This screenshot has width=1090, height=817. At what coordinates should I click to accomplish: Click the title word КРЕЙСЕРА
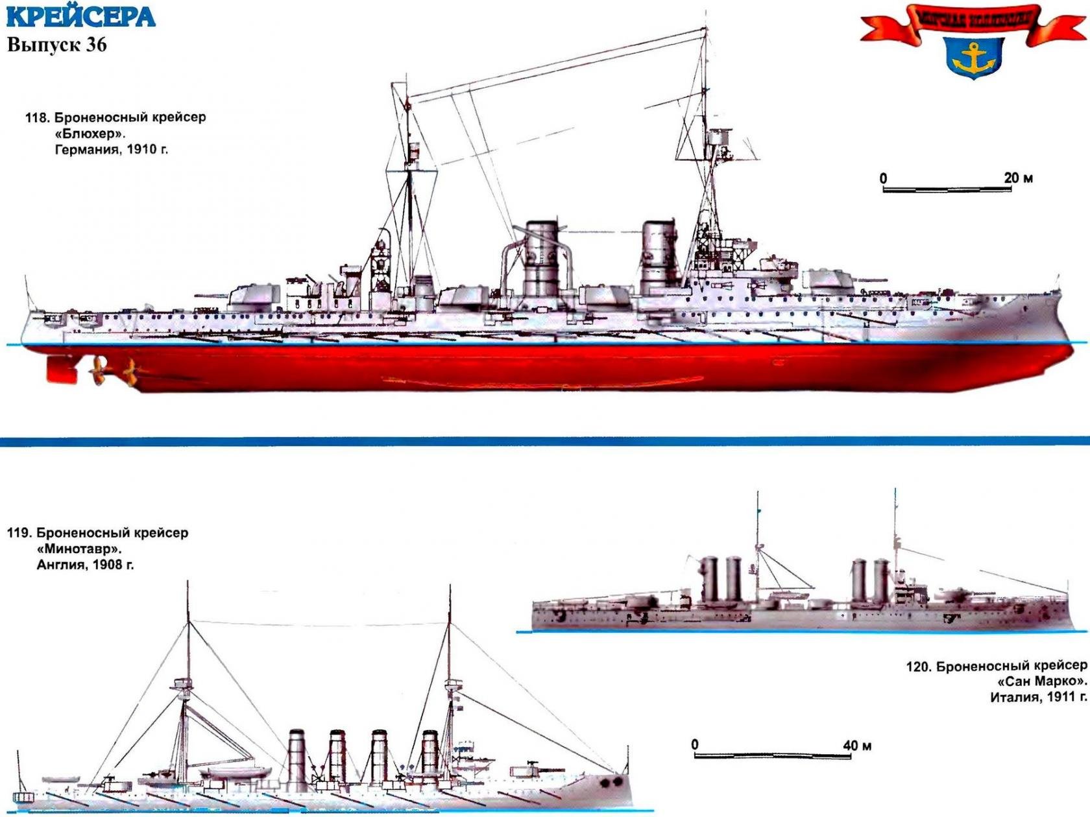pyautogui.click(x=81, y=16)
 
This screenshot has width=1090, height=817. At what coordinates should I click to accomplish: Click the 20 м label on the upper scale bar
pyautogui.click(x=1018, y=178)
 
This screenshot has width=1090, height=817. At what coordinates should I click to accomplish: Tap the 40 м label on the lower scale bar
pyautogui.click(x=857, y=746)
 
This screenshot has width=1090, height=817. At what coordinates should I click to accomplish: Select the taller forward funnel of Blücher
pyautogui.click(x=542, y=259)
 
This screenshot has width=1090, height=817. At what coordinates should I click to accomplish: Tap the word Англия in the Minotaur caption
pyautogui.click(x=61, y=565)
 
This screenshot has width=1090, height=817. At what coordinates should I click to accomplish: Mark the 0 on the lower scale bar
pyautogui.click(x=695, y=744)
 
